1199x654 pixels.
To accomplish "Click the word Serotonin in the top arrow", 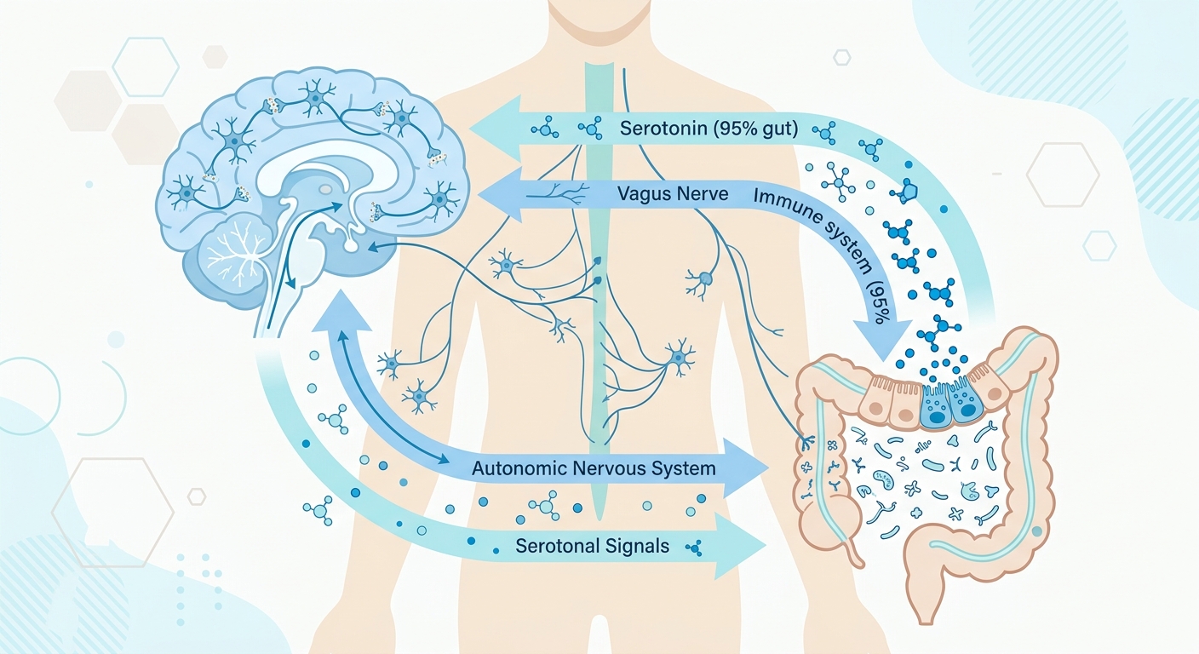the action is [663, 129].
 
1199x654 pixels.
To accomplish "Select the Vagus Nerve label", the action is [673, 193].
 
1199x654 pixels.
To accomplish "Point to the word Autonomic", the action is [519, 468].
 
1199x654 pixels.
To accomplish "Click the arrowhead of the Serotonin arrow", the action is [495, 129].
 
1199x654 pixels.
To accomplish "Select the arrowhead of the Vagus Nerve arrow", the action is [500, 194].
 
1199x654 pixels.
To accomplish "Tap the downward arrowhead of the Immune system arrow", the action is [883, 341].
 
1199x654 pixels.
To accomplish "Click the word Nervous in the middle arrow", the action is [609, 469].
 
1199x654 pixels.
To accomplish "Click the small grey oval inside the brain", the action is [325, 189].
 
